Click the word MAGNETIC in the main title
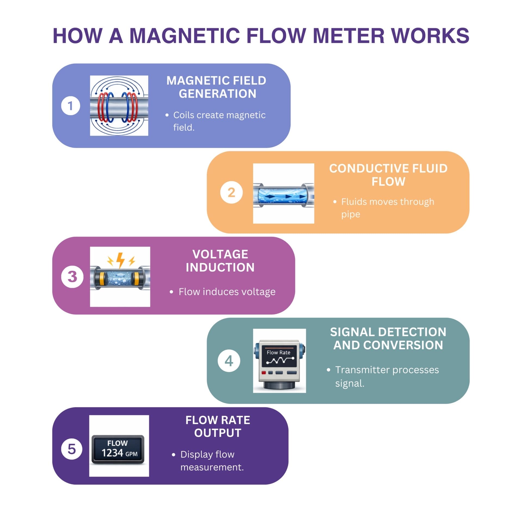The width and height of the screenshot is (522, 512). [x=184, y=36]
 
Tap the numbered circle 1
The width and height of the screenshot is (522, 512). [x=70, y=106]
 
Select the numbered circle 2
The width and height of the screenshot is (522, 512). [x=231, y=192]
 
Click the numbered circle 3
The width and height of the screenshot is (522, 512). [x=72, y=276]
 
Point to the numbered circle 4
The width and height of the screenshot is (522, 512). [x=229, y=361]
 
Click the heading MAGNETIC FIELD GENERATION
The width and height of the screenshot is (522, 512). [x=216, y=87]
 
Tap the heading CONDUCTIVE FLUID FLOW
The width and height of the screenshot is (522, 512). [x=388, y=175]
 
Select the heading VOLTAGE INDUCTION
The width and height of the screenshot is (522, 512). [x=220, y=261]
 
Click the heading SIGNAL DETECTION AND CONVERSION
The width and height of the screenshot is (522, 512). [x=388, y=338]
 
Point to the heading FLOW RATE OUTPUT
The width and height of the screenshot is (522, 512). [x=217, y=426]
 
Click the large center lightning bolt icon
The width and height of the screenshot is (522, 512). [x=120, y=260]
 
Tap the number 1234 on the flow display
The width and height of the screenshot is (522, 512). [x=112, y=453]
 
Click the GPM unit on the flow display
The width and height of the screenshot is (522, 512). [x=131, y=454]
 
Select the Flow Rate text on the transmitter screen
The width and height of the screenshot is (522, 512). [x=278, y=352]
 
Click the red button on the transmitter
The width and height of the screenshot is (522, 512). [x=263, y=372]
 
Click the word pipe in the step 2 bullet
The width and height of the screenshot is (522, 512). [x=350, y=214]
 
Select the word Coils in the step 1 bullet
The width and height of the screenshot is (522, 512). [x=184, y=115]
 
